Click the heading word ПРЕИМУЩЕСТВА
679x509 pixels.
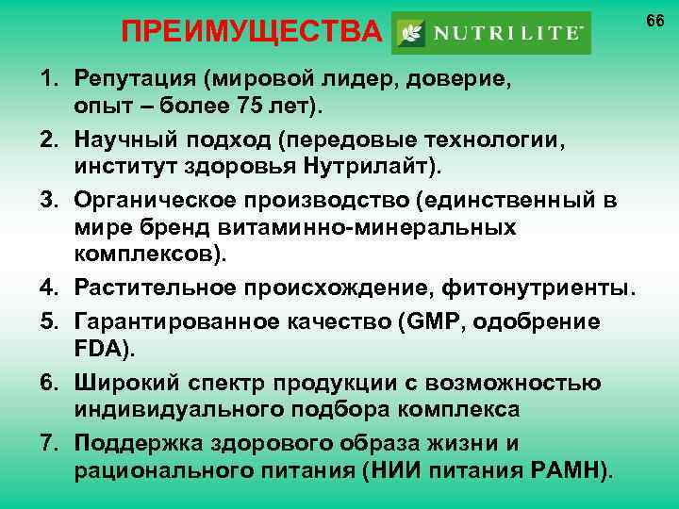254,35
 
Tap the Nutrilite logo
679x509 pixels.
490,33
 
